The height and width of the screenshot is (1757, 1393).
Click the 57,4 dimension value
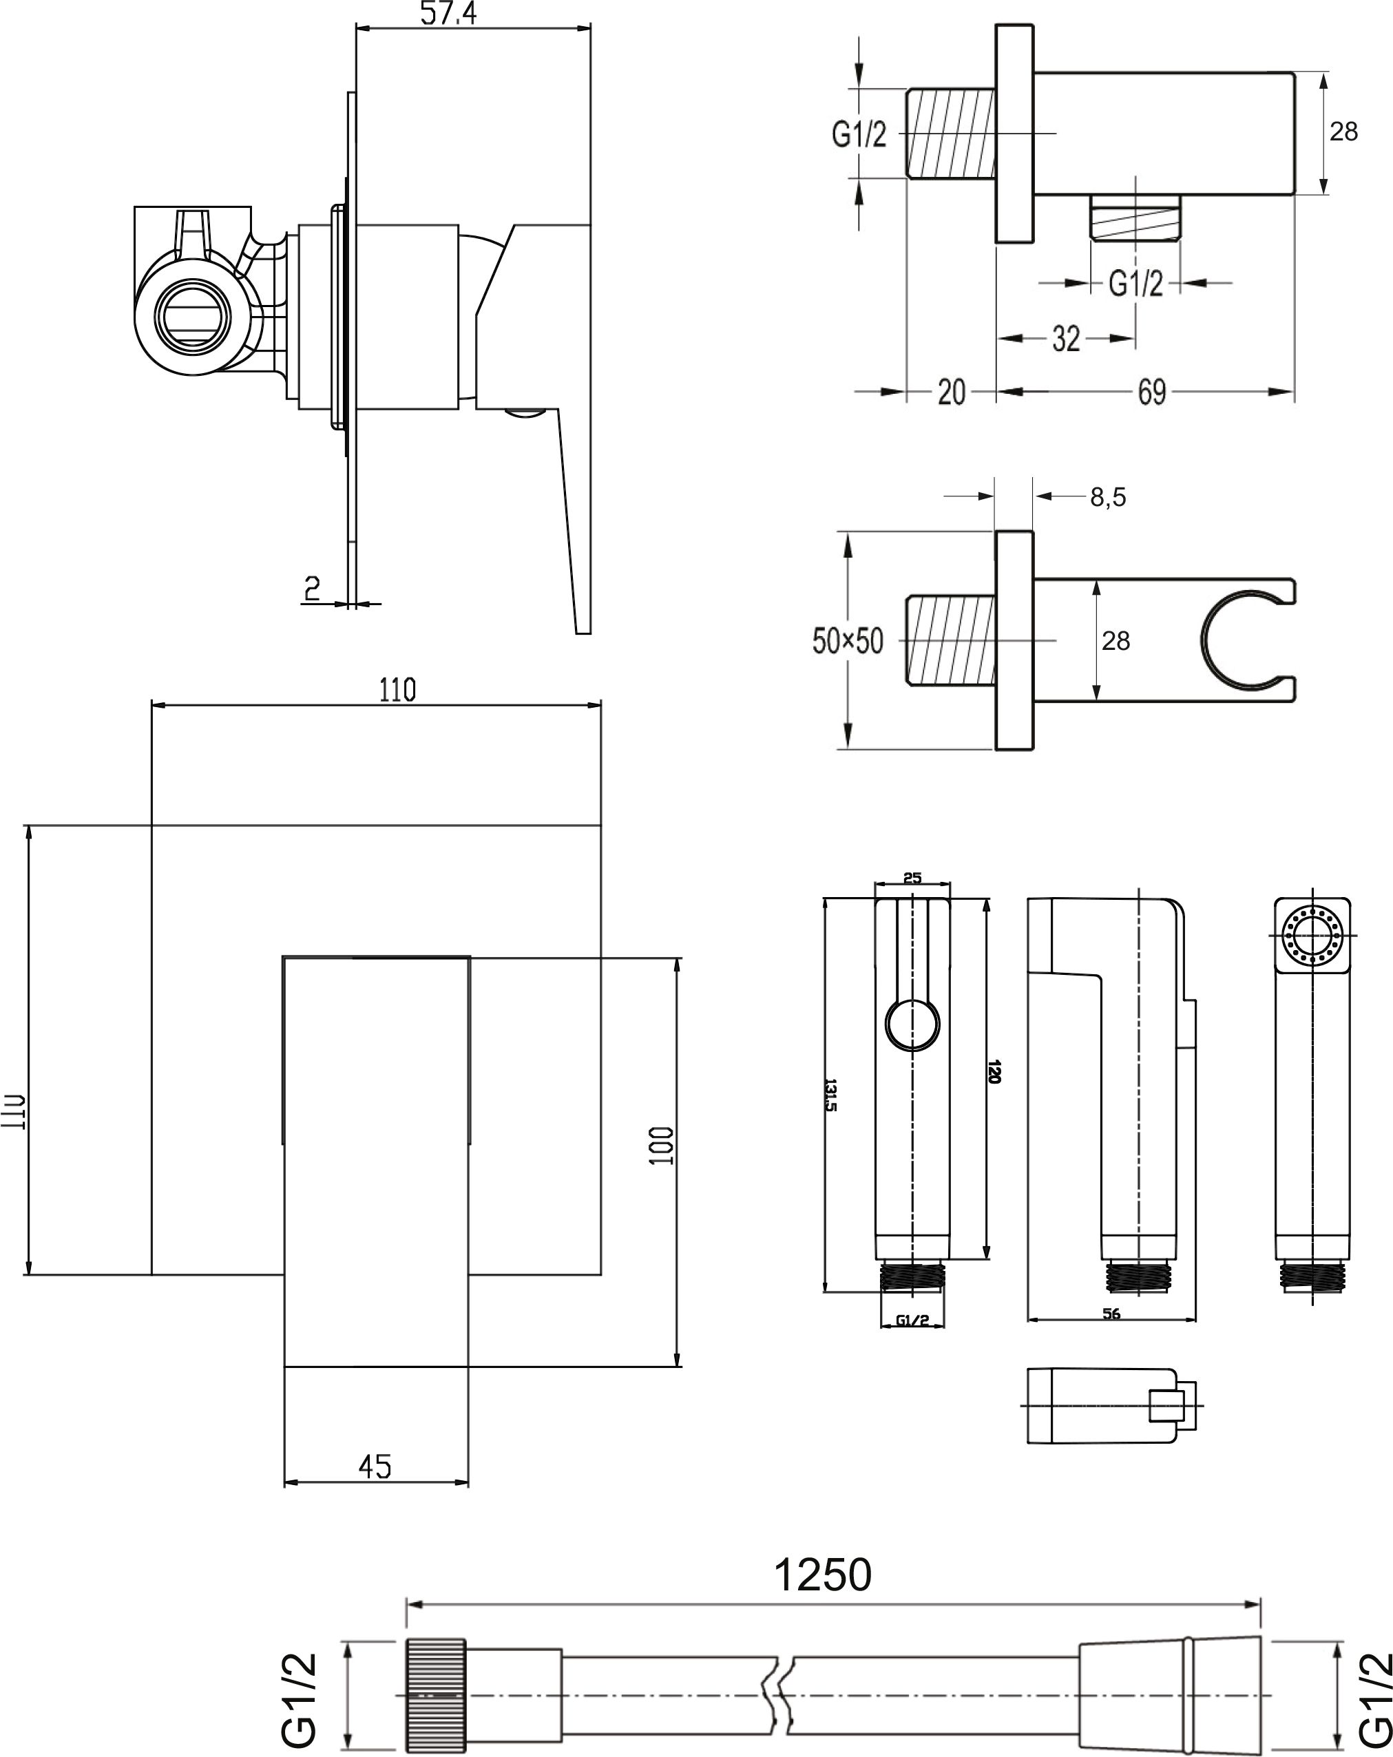click(448, 12)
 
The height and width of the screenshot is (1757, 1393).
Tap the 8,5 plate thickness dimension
click(1109, 496)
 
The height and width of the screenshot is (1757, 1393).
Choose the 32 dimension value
click(1066, 338)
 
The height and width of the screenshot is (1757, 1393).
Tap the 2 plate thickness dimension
click(311, 587)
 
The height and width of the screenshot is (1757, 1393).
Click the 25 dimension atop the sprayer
click(912, 878)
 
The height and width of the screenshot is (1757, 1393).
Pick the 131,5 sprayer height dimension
click(830, 1095)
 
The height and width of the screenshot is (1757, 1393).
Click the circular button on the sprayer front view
click(912, 1024)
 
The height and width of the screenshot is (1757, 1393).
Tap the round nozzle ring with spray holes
click(1312, 935)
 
